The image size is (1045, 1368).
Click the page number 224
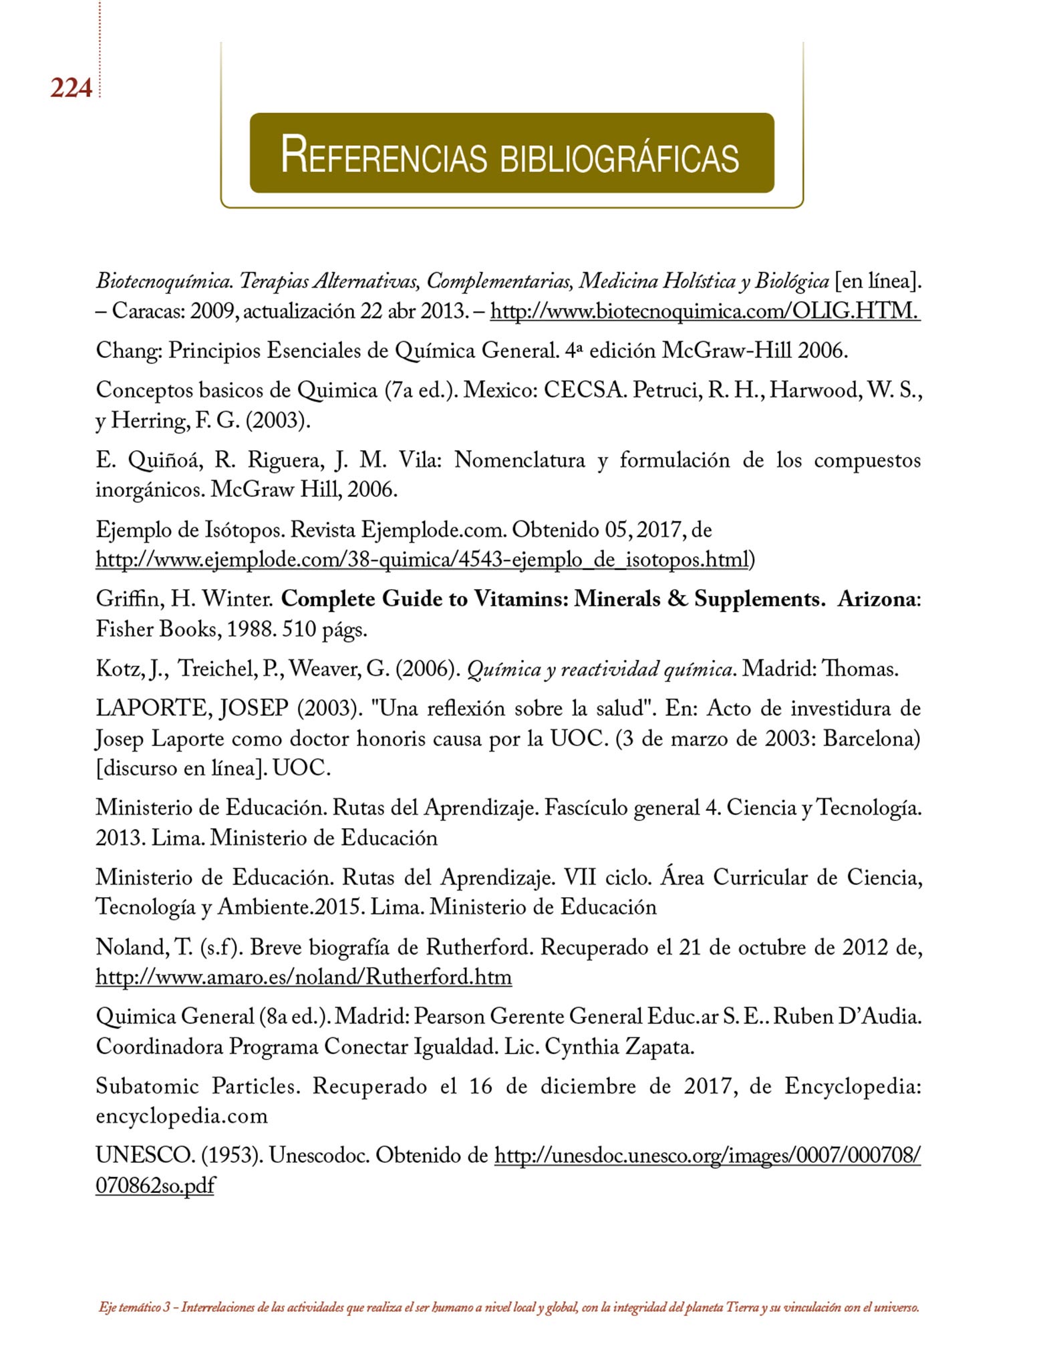(71, 88)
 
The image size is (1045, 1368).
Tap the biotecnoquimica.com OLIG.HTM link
(705, 311)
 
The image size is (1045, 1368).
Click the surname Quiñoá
(165, 460)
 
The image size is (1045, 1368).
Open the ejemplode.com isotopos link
(422, 560)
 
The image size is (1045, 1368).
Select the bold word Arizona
(876, 599)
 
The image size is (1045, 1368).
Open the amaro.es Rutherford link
(304, 977)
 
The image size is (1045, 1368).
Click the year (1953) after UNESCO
(231, 1156)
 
